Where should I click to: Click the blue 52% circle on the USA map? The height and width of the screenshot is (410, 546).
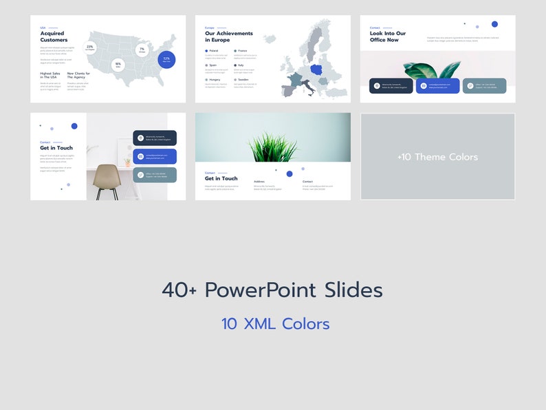click(166, 59)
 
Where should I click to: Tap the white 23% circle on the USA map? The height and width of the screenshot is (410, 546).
click(90, 47)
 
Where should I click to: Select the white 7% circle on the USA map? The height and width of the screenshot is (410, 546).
click(142, 50)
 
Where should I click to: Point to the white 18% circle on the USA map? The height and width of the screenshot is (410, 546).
click(118, 65)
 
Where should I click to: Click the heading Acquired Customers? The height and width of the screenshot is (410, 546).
click(54, 36)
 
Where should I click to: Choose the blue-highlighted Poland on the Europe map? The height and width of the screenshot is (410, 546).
click(317, 69)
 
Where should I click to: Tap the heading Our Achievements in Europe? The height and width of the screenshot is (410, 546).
click(228, 36)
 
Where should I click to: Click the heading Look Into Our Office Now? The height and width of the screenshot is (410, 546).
click(388, 36)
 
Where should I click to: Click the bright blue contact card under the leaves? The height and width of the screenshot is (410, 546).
click(437, 86)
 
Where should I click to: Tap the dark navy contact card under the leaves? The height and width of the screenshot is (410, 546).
click(391, 86)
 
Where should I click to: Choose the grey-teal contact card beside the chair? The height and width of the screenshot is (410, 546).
click(155, 175)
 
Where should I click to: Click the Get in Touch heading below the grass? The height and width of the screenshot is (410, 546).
click(221, 179)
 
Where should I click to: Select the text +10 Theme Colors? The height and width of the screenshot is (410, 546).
click(437, 157)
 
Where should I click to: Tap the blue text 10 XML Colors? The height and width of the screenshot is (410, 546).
click(275, 324)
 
